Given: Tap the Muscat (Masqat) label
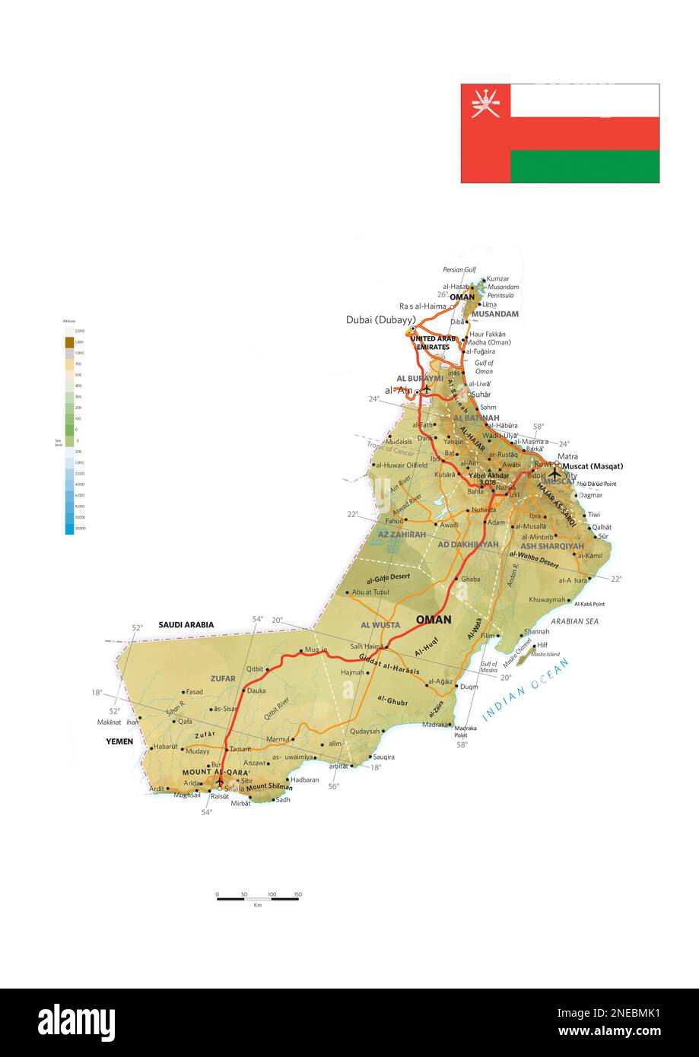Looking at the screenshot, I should click(x=592, y=466).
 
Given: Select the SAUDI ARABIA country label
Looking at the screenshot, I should click(x=186, y=625).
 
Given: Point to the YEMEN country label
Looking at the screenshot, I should click(x=119, y=741).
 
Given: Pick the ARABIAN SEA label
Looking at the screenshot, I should click(x=575, y=621).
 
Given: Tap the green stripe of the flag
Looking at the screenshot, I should click(x=584, y=167).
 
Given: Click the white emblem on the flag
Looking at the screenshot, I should click(x=485, y=102).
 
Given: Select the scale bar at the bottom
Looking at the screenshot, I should click(x=257, y=899).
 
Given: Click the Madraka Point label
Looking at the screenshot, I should click(x=465, y=732).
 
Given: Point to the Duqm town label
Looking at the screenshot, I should click(x=469, y=687).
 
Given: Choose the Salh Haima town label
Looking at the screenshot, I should click(x=365, y=646).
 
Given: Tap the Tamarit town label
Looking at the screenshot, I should click(x=240, y=749).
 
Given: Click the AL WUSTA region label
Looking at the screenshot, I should click(x=380, y=625).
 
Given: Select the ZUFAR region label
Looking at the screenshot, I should click(x=223, y=678).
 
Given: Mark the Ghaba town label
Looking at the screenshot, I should click(x=470, y=579).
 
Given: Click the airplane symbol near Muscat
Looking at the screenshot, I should click(x=554, y=471).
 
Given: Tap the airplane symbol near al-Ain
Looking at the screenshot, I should click(x=427, y=389).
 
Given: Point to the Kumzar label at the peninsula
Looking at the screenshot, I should click(x=497, y=279).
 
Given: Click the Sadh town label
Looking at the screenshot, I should click(x=283, y=799).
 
